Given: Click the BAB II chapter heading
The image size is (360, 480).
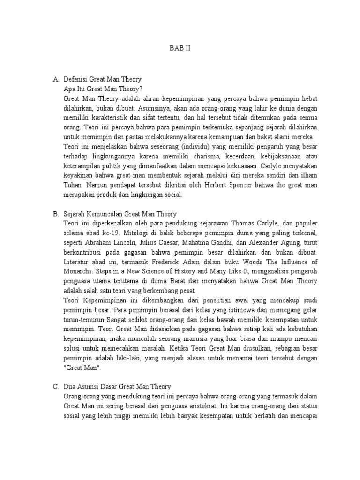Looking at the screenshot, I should (x=180, y=48).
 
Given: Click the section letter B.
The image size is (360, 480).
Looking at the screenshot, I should (x=55, y=213).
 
